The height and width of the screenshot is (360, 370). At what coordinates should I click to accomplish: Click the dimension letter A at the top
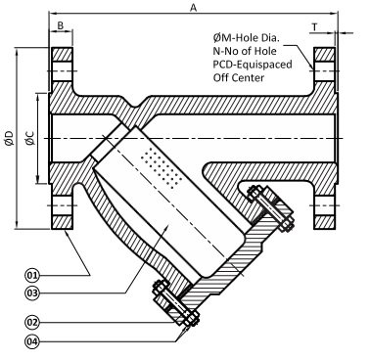194,7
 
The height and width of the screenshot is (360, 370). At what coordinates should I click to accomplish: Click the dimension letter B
61,25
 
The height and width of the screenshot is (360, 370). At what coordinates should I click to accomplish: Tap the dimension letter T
314,27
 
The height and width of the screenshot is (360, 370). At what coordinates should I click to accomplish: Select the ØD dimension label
10,138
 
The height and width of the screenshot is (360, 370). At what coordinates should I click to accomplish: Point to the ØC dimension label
30,138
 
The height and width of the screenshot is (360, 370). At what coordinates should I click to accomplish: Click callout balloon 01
32,276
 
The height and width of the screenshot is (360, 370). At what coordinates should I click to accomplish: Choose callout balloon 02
32,322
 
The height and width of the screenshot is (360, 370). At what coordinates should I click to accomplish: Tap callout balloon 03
32,292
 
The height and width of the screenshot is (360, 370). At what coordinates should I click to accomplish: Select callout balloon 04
32,341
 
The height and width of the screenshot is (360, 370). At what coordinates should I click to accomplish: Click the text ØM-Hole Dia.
247,38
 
